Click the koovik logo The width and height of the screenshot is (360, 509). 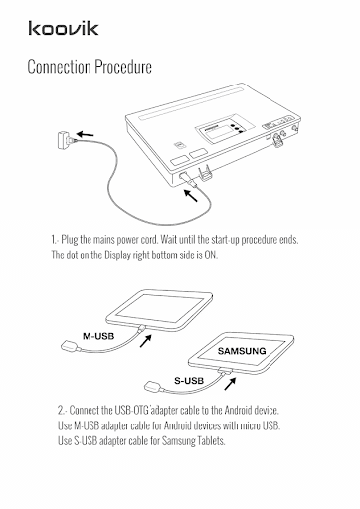pyautogui.click(x=64, y=28)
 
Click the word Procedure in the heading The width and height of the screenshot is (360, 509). pyautogui.click(x=123, y=66)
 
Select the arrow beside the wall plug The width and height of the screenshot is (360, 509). pyautogui.click(x=86, y=134)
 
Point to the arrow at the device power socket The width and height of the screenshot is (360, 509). pyautogui.click(x=191, y=195)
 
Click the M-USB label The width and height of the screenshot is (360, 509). pyautogui.click(x=98, y=336)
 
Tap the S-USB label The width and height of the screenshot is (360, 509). pyautogui.click(x=189, y=381)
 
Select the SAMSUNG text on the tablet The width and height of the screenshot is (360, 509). pyautogui.click(x=242, y=351)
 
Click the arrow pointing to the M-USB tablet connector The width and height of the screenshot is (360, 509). pyautogui.click(x=146, y=341)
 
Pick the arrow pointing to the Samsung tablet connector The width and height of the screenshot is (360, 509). pyautogui.click(x=230, y=383)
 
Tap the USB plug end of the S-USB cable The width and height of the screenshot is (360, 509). pyautogui.click(x=153, y=386)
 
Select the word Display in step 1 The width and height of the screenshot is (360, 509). pyautogui.click(x=117, y=255)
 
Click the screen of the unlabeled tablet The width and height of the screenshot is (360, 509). pyautogui.click(x=159, y=307)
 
